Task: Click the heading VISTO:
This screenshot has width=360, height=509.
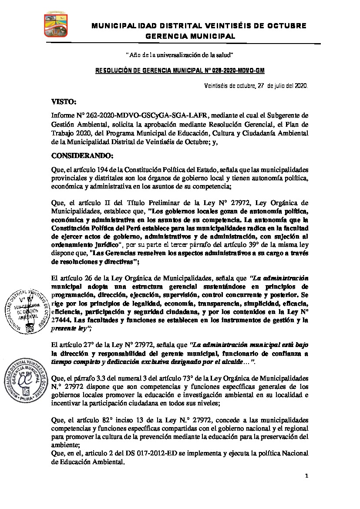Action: (64, 102)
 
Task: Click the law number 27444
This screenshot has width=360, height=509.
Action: (62, 320)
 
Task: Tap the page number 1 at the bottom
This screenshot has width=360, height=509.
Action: (306, 476)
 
